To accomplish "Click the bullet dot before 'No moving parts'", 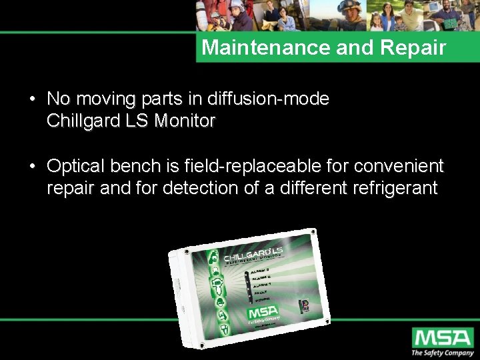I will pos(32,100).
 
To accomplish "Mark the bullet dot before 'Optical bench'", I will pos(32,167).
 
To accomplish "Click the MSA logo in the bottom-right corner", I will pos(441,337).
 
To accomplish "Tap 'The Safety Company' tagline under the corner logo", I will pos(441,353).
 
